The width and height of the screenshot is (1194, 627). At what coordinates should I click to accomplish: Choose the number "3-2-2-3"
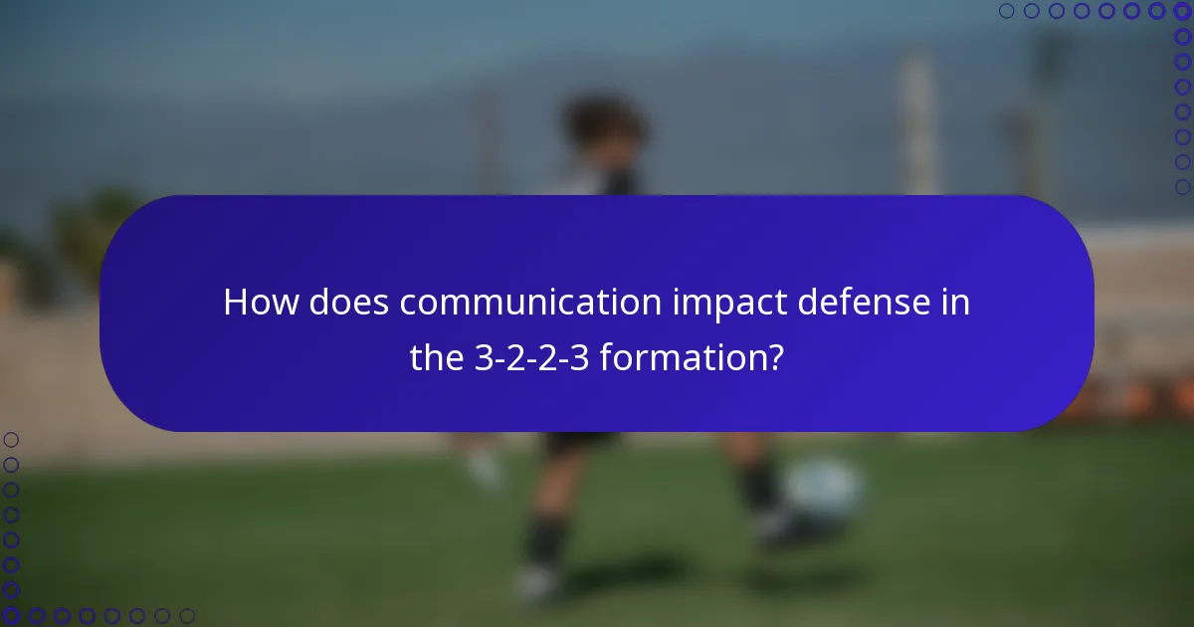point(531,358)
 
